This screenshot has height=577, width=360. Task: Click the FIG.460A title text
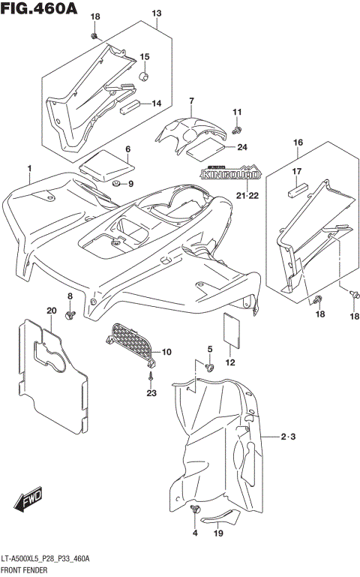pos(38,8)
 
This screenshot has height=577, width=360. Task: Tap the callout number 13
pos(156,14)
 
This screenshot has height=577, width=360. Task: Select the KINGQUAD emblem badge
pos(230,174)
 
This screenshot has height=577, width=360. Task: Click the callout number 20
pos(51,311)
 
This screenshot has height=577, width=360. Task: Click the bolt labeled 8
pos(70,314)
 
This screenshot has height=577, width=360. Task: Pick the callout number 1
pos(30,168)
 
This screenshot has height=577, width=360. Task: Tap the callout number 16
pos(298,142)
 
